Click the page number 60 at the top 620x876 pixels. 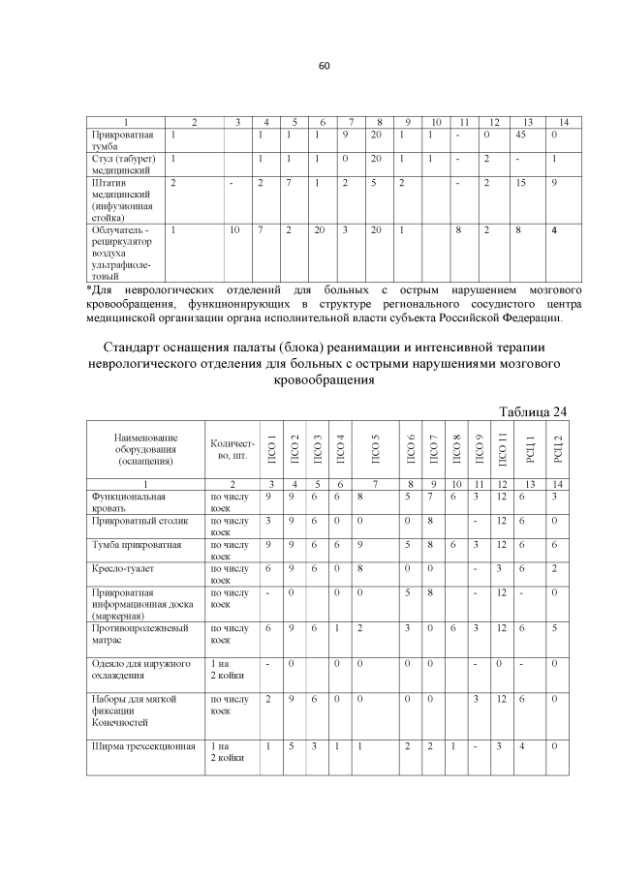pos(325,66)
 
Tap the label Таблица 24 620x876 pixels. pos(532,411)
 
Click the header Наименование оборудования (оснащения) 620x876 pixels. pos(144,449)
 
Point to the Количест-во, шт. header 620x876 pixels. pos(232,449)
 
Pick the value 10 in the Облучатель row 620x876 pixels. pos(235,229)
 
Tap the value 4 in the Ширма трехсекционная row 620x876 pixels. pos(522,745)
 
